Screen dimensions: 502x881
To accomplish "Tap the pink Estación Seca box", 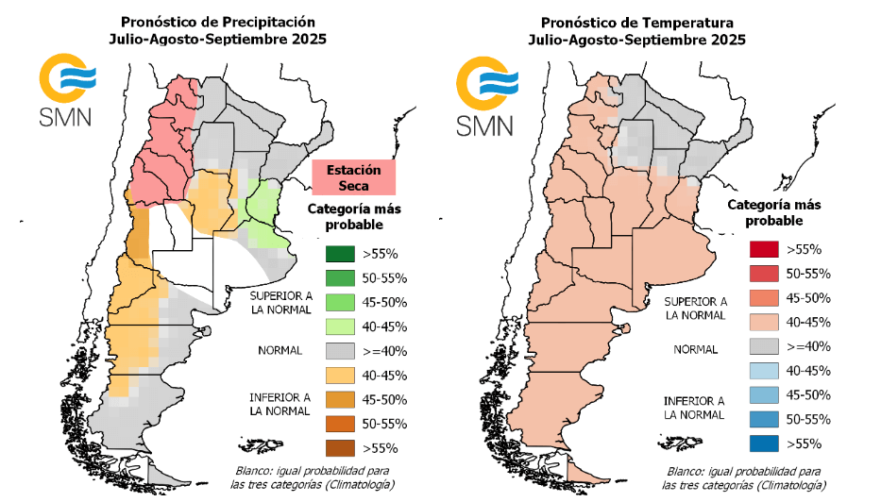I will coord(353,177).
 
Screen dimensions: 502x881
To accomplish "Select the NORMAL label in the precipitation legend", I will coord(280,350).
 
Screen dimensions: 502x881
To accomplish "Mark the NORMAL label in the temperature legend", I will coord(697,348).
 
